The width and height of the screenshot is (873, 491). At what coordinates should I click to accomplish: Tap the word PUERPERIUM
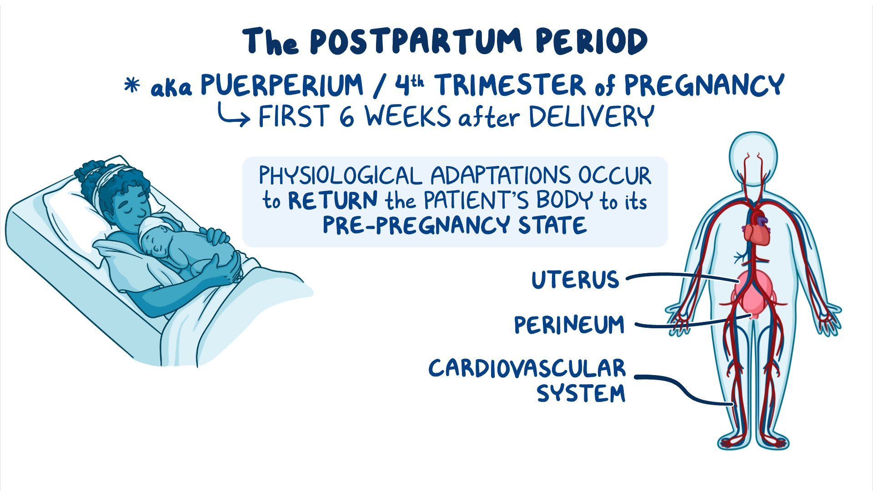282,85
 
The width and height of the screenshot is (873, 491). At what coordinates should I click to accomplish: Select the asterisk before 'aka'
132,85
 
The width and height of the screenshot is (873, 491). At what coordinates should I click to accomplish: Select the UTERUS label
575,280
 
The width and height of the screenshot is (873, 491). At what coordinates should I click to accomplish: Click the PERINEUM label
569,325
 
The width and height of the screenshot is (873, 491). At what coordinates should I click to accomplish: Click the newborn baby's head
155,234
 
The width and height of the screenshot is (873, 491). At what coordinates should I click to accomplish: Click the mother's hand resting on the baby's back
216,236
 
